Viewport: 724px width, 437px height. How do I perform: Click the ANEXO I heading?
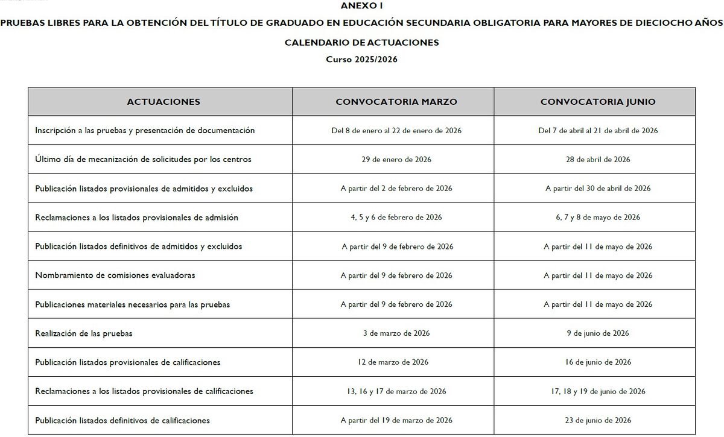[362, 5]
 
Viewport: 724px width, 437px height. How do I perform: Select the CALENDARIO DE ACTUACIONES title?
[362, 43]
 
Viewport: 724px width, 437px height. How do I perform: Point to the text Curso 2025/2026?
[362, 59]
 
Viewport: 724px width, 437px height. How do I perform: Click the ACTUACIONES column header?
[164, 102]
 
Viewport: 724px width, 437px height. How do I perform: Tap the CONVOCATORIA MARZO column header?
[396, 102]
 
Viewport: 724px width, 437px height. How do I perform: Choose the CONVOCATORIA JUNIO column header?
[598, 102]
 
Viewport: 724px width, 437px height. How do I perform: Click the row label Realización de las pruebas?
[84, 333]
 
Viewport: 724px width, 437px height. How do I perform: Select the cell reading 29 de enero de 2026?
[396, 160]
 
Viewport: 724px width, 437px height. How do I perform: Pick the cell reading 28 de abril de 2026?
[598, 160]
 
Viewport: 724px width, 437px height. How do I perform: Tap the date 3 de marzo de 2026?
[396, 333]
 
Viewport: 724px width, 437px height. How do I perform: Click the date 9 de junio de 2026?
[598, 333]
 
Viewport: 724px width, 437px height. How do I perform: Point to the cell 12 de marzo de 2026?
[396, 362]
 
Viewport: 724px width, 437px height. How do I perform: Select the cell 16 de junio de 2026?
[598, 362]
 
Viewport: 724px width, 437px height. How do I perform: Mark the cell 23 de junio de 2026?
[598, 420]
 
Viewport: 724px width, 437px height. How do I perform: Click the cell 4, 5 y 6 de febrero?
[396, 218]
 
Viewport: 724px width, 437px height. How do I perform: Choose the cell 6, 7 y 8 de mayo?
[598, 218]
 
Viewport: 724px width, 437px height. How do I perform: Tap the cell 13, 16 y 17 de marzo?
[396, 391]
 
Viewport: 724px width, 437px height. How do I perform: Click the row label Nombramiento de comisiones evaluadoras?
[115, 275]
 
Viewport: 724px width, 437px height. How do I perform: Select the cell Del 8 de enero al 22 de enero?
[396, 131]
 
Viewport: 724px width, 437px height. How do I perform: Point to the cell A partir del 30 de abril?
[598, 189]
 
